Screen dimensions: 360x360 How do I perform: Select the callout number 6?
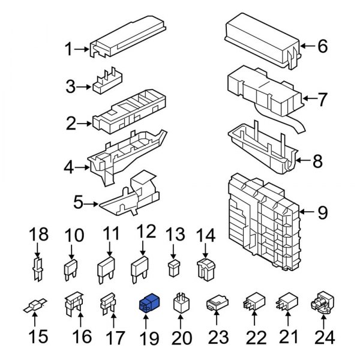[322, 46]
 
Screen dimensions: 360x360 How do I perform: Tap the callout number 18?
[38, 234]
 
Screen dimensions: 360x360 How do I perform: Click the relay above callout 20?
[182, 305]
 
